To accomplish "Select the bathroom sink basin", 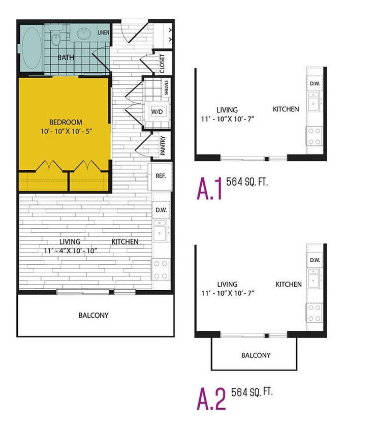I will (x=83, y=35).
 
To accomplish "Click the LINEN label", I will (x=104, y=34).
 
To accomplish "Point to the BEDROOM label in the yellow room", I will (x=66, y=122).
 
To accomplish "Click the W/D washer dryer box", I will (x=156, y=111).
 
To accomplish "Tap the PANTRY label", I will (x=163, y=145).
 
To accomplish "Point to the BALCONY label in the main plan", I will (x=94, y=315).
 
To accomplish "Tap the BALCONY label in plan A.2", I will (x=256, y=355).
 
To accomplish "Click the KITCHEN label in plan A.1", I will (x=286, y=109).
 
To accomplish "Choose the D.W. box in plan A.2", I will (x=314, y=260).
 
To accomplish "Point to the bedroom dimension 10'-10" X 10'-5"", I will (x=65, y=132).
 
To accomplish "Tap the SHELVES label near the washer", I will (x=166, y=87).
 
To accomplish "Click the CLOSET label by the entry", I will (x=163, y=64).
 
